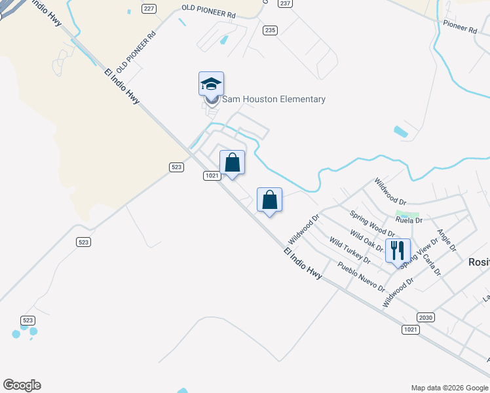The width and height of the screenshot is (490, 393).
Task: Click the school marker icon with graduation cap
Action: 211,84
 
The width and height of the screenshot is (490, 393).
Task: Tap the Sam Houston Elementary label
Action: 274,100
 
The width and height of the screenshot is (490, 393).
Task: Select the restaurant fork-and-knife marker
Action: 397,250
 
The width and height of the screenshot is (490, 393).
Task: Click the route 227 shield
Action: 149,8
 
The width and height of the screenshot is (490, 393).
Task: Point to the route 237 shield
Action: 284,3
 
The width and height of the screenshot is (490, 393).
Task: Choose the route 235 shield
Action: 271,30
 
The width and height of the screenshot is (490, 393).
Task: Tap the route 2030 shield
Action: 426,317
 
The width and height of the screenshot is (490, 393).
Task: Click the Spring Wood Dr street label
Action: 372,223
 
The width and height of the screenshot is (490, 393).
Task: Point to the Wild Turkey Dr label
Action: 349,252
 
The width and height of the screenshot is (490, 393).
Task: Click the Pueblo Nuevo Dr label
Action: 361,276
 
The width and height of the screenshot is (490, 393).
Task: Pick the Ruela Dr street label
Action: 409,221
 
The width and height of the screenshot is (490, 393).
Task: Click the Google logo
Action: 22,385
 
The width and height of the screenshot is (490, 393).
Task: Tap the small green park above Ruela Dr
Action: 407,214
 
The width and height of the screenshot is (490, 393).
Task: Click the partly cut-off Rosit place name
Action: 479,261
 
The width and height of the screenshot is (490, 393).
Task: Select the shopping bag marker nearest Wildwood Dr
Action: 269,200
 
